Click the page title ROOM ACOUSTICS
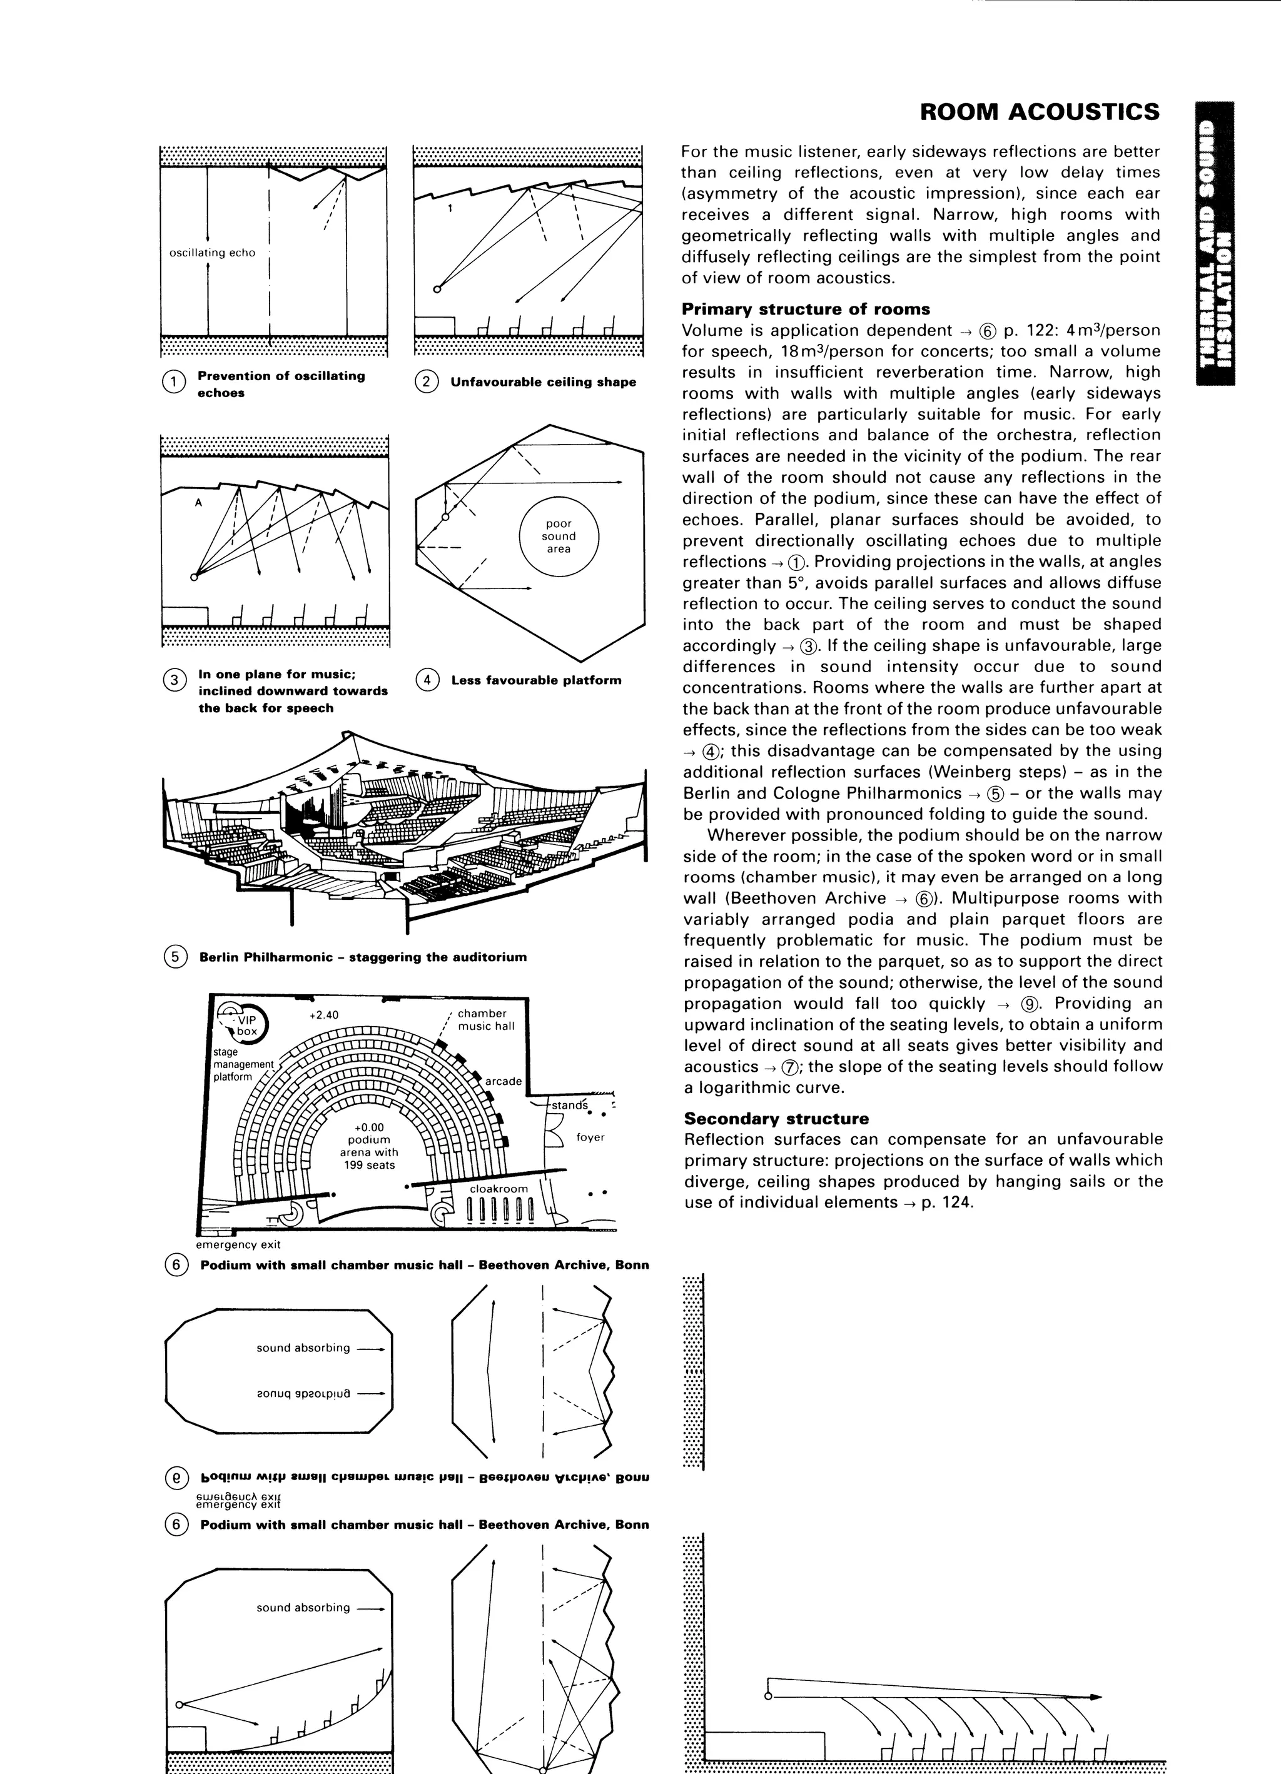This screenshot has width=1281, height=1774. point(1039,112)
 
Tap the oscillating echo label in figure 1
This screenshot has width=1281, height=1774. point(212,253)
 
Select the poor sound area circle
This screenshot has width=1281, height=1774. point(559,537)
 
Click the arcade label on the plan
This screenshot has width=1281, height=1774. point(503,1081)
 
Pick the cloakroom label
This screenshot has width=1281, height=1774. point(499,1189)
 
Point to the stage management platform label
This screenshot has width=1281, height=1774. point(243,1064)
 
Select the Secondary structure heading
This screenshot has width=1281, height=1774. point(775,1119)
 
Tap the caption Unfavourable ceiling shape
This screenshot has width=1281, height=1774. point(543,383)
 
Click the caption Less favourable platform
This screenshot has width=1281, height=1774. point(536,680)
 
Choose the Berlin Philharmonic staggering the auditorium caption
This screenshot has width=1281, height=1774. point(363,957)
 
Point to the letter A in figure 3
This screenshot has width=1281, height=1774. point(199,503)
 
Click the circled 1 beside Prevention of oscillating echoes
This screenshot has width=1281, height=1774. point(172,381)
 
